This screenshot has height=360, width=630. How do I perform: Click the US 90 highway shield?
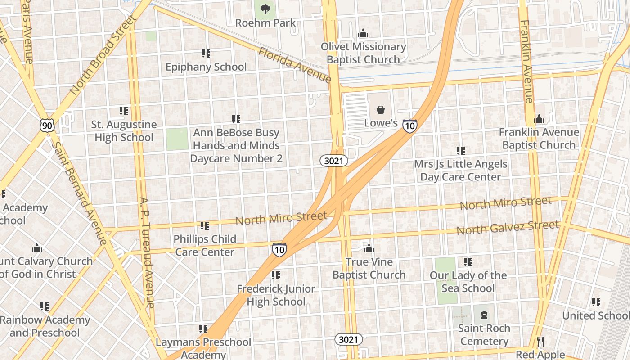point(47,126)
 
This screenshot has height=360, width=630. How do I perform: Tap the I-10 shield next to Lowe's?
point(409,126)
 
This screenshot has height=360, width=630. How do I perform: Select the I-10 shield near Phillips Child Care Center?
point(279,249)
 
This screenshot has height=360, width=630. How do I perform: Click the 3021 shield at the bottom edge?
point(348,339)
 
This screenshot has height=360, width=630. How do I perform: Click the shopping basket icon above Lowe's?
point(381,110)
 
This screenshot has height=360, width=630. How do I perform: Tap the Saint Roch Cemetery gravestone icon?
point(484,315)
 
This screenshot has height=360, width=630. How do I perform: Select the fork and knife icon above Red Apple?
point(540,342)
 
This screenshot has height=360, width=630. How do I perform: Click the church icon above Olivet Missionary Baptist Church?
point(363,33)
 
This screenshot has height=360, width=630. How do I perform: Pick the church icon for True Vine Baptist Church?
point(369,248)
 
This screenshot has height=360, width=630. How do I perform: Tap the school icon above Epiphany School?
point(206,54)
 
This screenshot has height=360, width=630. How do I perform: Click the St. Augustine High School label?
point(124,131)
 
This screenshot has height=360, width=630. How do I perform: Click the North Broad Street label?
point(102,55)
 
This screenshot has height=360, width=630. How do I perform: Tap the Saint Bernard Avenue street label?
point(79,193)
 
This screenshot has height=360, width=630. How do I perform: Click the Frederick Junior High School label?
point(276,295)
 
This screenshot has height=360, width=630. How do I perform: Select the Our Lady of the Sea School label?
point(468,282)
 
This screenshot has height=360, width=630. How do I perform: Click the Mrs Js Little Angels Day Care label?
point(461,171)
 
